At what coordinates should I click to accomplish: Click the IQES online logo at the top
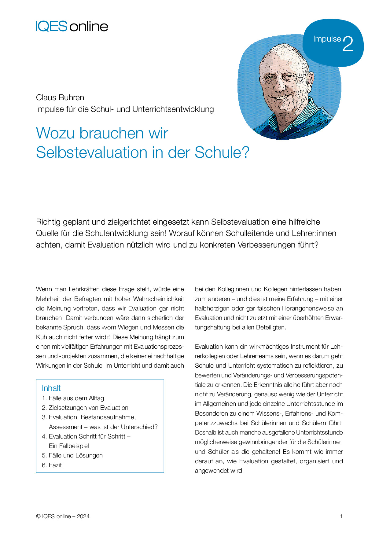click(72, 26)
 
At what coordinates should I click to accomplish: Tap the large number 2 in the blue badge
click(348, 44)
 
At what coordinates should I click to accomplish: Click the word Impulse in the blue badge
click(327, 39)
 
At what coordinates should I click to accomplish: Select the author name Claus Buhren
click(60, 97)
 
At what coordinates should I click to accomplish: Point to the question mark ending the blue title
click(245, 152)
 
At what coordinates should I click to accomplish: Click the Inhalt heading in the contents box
click(51, 388)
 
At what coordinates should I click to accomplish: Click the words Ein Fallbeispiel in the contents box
click(69, 446)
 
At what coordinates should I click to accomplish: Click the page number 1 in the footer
click(341, 516)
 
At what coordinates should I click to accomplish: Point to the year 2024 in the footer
click(83, 516)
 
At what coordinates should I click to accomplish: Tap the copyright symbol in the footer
click(38, 516)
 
